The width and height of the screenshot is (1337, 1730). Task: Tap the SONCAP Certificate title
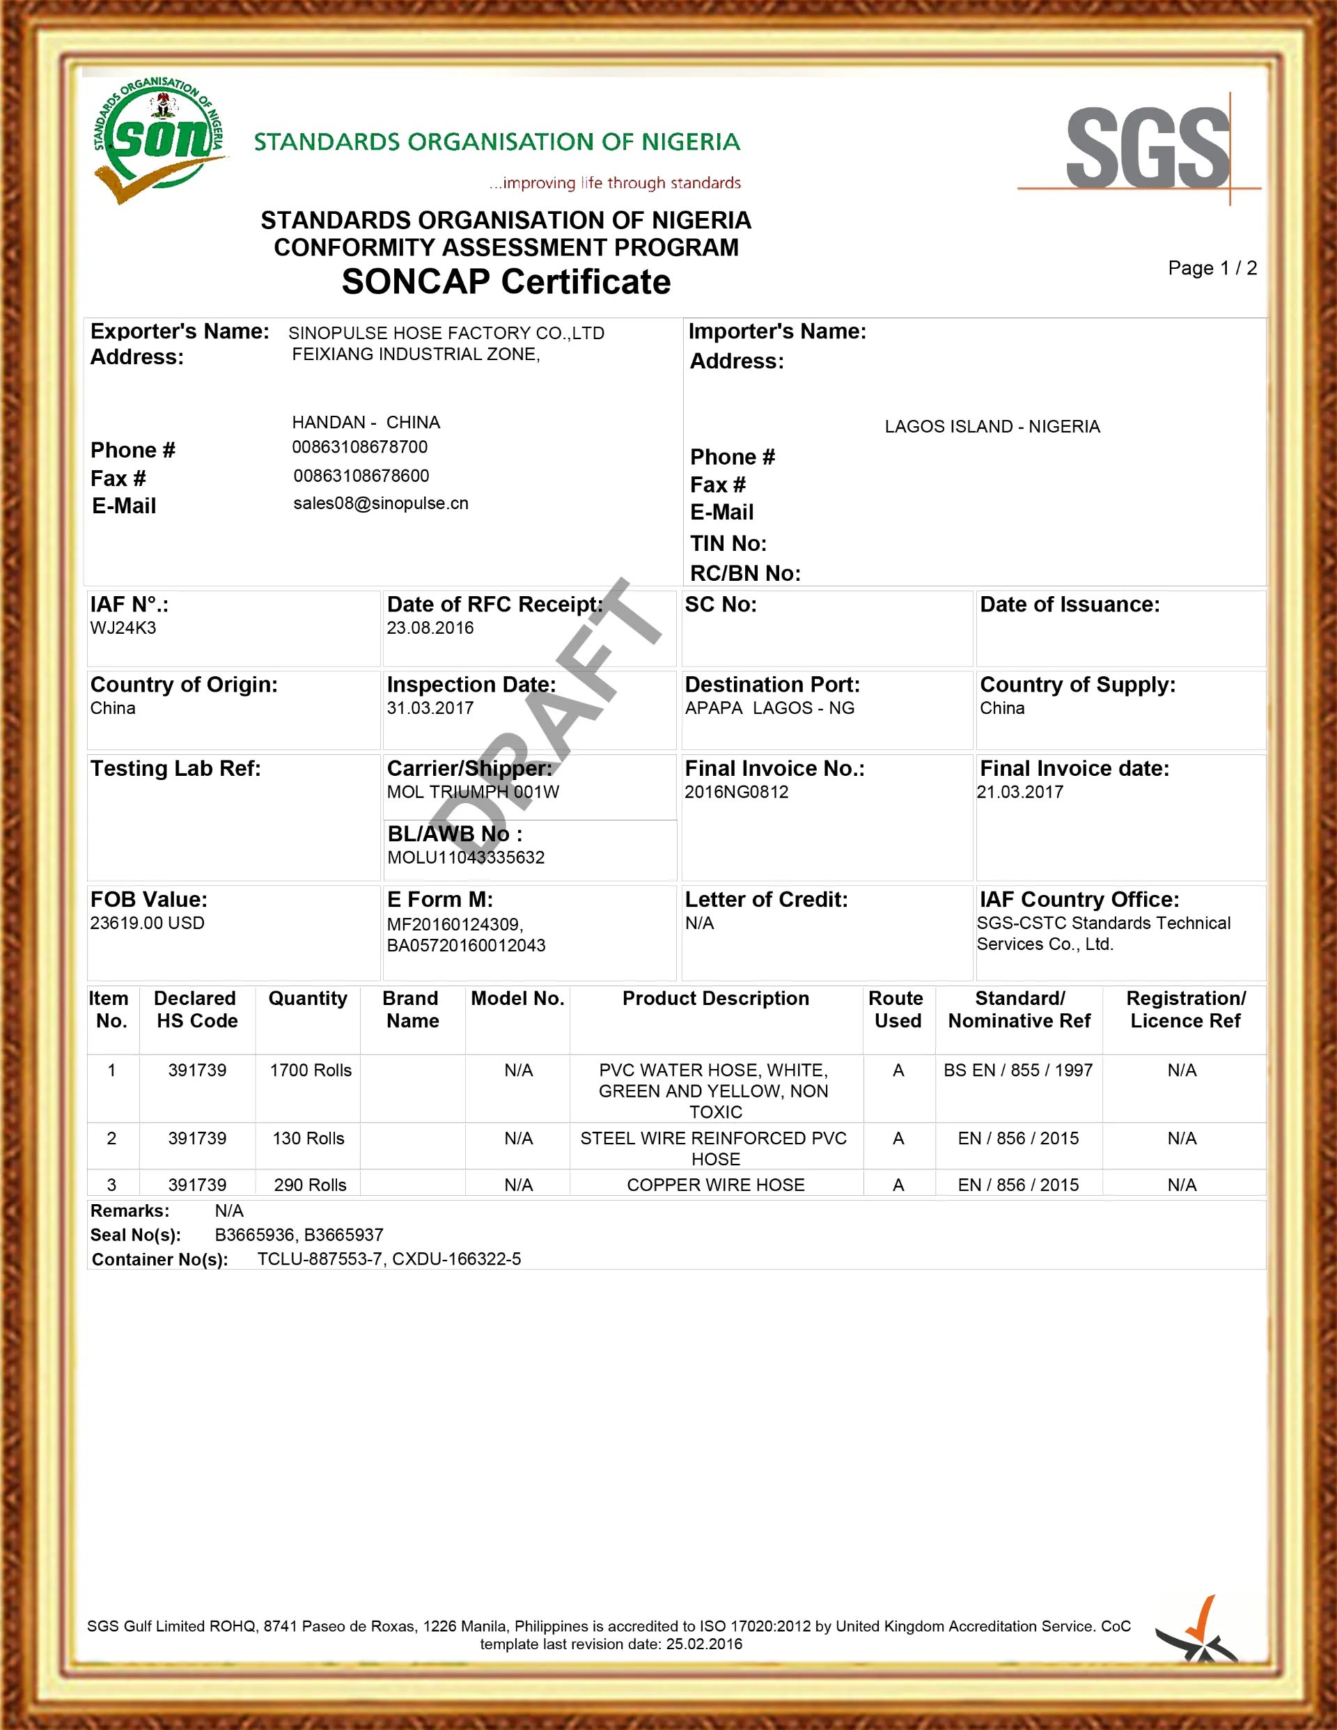click(x=506, y=282)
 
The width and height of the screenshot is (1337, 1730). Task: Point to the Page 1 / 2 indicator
click(x=1212, y=269)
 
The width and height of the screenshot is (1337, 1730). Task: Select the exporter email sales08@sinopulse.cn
click(x=381, y=504)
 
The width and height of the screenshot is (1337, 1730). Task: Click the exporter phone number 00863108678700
click(x=359, y=448)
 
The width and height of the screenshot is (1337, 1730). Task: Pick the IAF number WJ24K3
click(x=123, y=628)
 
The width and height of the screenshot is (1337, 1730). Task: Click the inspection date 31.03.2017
click(x=430, y=708)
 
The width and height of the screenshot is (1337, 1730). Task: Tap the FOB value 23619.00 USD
click(x=148, y=923)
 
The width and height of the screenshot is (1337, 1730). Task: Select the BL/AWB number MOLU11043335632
click(x=466, y=857)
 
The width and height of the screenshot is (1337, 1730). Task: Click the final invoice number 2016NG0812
click(x=737, y=792)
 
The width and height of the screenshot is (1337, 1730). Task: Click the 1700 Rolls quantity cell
click(x=311, y=1070)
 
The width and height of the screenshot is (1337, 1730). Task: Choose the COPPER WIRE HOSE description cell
click(x=716, y=1185)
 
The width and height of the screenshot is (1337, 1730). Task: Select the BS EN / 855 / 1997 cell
click(x=1018, y=1070)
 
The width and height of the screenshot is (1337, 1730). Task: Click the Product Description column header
click(x=716, y=998)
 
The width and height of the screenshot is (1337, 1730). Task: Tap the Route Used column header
click(x=898, y=1009)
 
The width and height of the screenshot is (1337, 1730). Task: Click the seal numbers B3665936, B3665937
click(x=299, y=1235)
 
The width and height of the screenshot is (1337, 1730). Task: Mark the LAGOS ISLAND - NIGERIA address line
click(x=992, y=427)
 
